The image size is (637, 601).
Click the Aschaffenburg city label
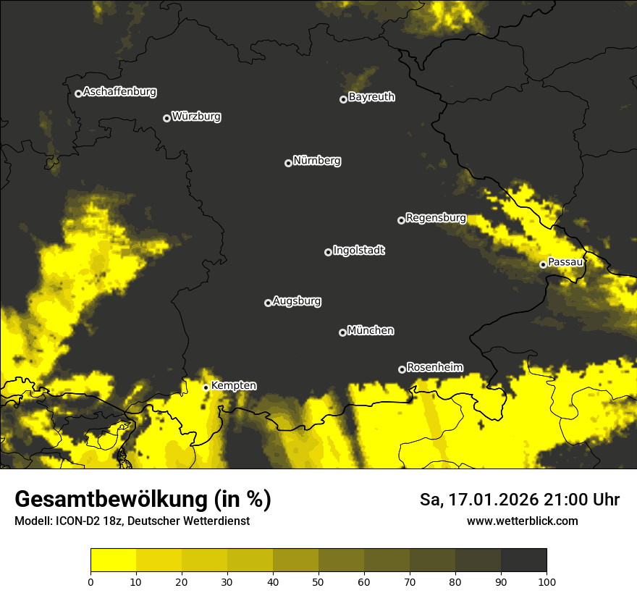[119, 92]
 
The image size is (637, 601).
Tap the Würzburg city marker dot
[166, 118]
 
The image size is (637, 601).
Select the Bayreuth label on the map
[371, 97]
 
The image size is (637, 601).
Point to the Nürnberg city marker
[288, 163]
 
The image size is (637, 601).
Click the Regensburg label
[436, 218]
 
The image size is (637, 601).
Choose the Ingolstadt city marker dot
[328, 252]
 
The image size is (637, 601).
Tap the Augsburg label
[297, 301]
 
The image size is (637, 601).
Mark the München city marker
[342, 332]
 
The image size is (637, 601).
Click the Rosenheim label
[435, 367]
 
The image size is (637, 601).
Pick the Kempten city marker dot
[206, 387]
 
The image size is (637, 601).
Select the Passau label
[565, 262]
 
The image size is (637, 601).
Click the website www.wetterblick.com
[523, 521]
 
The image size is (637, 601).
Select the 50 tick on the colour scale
[318, 581]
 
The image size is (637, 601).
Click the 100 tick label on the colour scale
[547, 581]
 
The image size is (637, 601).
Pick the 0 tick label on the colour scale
[90, 581]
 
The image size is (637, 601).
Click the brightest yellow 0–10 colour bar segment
[113, 560]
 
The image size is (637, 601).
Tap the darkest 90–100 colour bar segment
[523, 560]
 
